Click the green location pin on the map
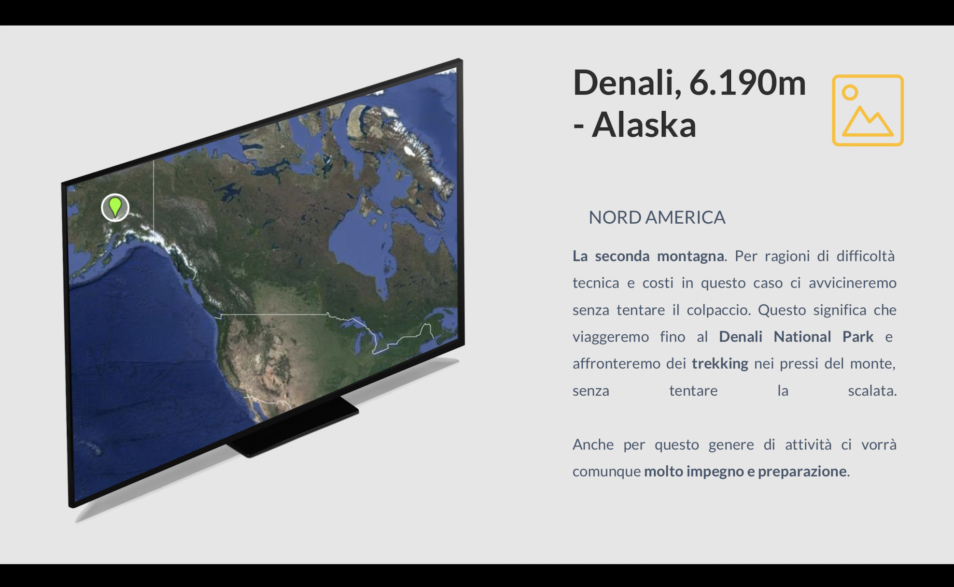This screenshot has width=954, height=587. (x=115, y=207)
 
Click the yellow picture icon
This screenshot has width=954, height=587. (x=868, y=110)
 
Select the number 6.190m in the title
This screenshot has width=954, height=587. (x=748, y=83)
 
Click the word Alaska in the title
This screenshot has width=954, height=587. (x=644, y=125)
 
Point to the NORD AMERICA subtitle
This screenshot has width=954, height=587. (x=657, y=217)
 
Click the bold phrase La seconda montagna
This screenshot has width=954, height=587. (x=648, y=256)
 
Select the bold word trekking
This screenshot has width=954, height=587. (x=720, y=363)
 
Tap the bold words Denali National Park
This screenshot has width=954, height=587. (x=796, y=336)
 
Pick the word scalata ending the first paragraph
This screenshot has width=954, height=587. (x=872, y=390)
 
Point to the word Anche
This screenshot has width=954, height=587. (x=593, y=444)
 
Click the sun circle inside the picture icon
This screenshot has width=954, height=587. (x=850, y=92)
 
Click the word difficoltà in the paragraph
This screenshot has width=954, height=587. (x=866, y=256)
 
